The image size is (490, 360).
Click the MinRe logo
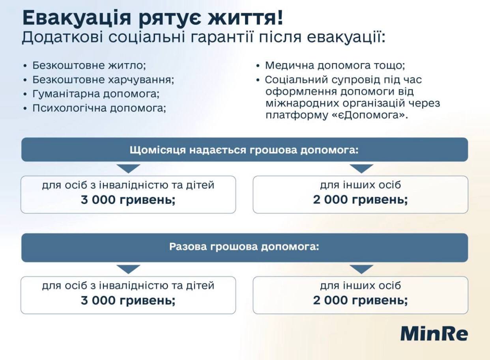coord(434,334)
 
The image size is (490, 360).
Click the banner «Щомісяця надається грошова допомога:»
coord(245,150)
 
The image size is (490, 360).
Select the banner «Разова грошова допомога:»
coord(245,247)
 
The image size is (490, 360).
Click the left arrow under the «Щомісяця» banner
coord(128,169)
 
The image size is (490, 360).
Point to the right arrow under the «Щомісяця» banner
coord(361,169)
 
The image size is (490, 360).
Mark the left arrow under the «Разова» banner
coord(128,269)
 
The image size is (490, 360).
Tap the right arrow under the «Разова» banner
coord(361,269)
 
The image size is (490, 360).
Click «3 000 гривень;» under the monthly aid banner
coord(128,200)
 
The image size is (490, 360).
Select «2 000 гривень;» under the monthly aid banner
coord(361,200)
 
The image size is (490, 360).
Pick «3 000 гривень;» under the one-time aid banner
coord(128,300)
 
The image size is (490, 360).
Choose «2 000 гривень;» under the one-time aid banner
coord(361,300)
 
